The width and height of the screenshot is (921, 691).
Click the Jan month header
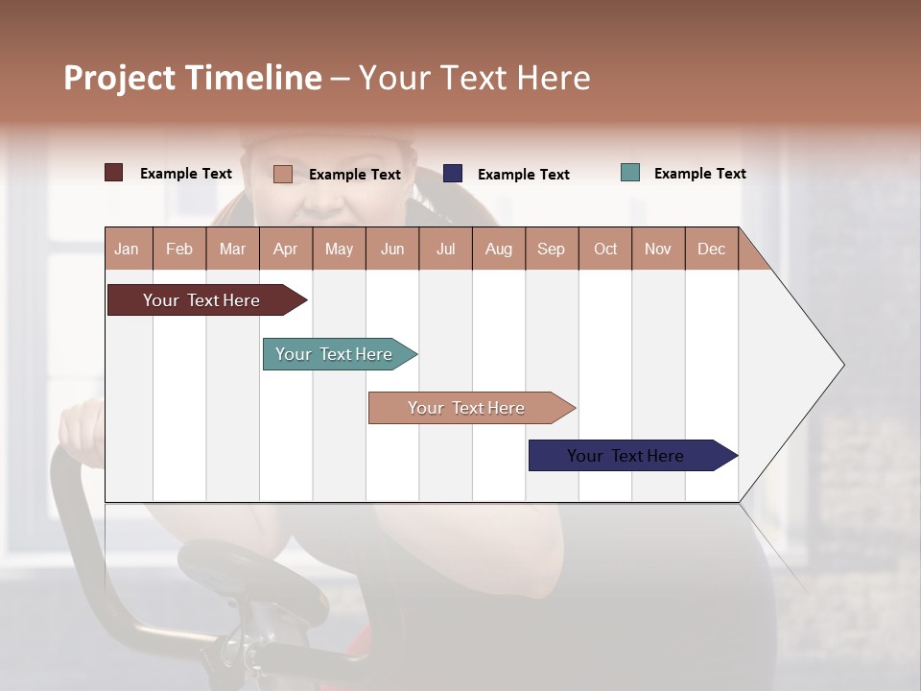click(127, 249)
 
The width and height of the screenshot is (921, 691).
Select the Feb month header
click(179, 249)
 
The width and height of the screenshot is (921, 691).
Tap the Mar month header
click(232, 249)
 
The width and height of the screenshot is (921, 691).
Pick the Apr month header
click(285, 249)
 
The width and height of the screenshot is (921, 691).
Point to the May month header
click(339, 249)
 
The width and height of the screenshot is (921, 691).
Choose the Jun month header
click(392, 249)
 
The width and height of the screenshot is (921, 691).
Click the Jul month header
click(445, 249)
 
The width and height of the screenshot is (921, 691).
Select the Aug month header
click(498, 249)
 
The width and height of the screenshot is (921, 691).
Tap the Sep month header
click(551, 249)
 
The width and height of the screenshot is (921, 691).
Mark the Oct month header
click(605, 249)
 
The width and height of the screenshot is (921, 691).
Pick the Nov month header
click(658, 249)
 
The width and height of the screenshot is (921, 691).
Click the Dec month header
click(711, 249)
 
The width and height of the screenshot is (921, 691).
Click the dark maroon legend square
click(114, 173)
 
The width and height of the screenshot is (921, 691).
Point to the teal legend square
click(630, 173)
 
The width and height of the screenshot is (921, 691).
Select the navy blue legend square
click(453, 174)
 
